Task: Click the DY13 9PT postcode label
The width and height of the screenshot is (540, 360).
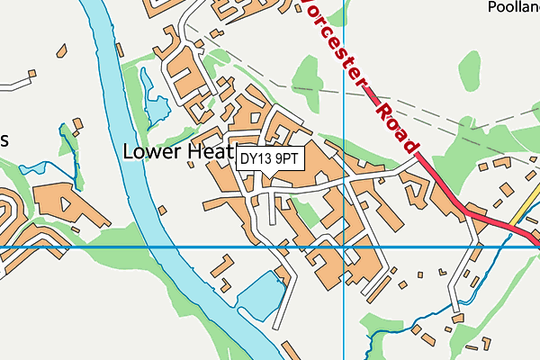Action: (x=270, y=158)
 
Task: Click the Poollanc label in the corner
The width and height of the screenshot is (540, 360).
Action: (x=512, y=8)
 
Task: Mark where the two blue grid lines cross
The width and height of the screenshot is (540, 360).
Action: (x=344, y=247)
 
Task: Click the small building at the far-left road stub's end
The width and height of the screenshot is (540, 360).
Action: (x=31, y=75)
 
